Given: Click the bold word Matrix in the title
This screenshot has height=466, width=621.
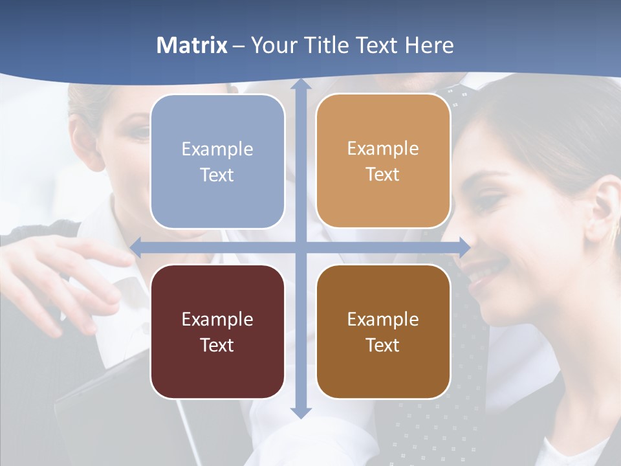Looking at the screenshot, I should (192, 45).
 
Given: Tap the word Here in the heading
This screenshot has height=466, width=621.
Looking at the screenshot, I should (430, 45).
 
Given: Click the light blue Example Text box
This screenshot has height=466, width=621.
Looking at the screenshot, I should (217, 161).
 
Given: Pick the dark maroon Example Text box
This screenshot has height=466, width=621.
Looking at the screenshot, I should (217, 331).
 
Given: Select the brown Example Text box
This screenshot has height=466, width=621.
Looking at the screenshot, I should (383, 331).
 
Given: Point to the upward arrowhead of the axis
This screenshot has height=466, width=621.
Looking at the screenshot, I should (300, 84).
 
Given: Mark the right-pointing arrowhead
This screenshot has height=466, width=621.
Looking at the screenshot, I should (464, 247).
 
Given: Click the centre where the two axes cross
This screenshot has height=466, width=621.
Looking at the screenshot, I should (300, 247).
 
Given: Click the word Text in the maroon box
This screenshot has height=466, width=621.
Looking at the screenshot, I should (217, 345).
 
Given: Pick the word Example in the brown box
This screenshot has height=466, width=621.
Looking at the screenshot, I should (383, 319).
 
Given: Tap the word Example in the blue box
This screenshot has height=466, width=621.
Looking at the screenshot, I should (217, 149).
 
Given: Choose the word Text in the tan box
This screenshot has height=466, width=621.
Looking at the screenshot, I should (383, 174).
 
